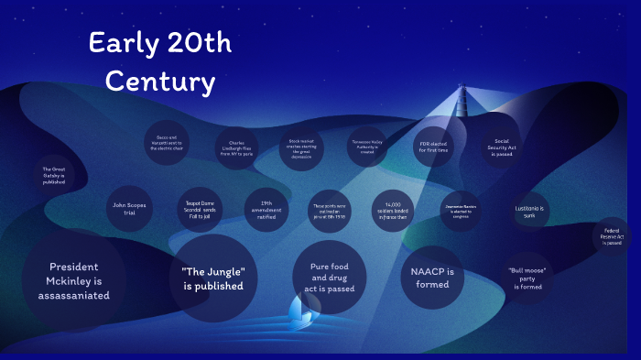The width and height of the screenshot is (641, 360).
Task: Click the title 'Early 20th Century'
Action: pos(159,62)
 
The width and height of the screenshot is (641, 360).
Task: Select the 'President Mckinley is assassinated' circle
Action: pos(73,280)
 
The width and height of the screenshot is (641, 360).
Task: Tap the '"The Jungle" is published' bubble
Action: pos(213,278)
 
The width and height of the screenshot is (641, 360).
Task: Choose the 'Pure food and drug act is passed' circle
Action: pos(330,276)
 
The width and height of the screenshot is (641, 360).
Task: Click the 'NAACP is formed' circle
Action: pos(431,277)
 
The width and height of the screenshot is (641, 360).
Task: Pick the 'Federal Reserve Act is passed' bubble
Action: pos(613,236)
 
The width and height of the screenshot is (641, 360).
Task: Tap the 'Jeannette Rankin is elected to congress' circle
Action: pos(462,212)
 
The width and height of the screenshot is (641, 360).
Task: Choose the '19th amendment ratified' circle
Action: pos(266,211)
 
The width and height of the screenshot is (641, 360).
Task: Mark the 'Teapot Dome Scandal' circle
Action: pos(200,211)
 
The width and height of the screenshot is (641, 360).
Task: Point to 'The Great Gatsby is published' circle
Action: pos(53,175)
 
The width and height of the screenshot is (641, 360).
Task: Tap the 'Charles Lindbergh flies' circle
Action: pos(234,148)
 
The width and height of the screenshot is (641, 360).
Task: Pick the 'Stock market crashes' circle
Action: pos(301,148)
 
